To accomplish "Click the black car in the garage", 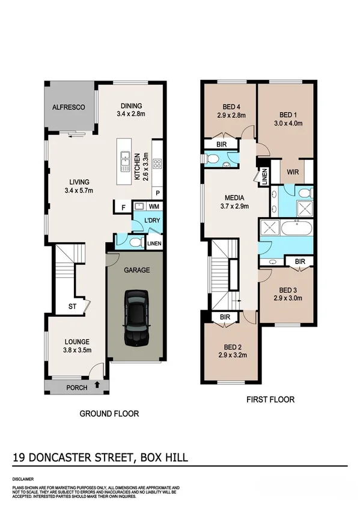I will coord(136,318).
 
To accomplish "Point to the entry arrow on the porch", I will coord(97,387).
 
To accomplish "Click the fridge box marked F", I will coord(123,208).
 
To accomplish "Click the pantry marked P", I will coord(157,194).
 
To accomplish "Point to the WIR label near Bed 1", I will coord(294,172).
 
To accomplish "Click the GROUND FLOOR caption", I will coord(109,414).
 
